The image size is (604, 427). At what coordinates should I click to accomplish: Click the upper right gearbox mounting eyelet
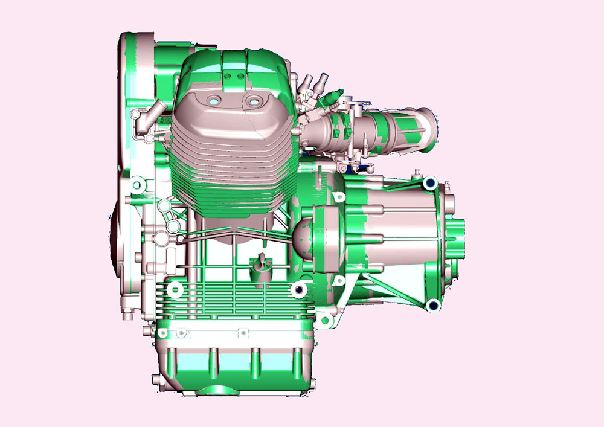[431, 182]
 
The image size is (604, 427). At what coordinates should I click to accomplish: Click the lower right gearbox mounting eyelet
[432, 305]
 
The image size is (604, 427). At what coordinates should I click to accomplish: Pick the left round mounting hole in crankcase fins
[177, 291]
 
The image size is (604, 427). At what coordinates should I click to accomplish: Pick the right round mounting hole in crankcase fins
[296, 291]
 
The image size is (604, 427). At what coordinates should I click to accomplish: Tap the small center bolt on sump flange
[242, 332]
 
